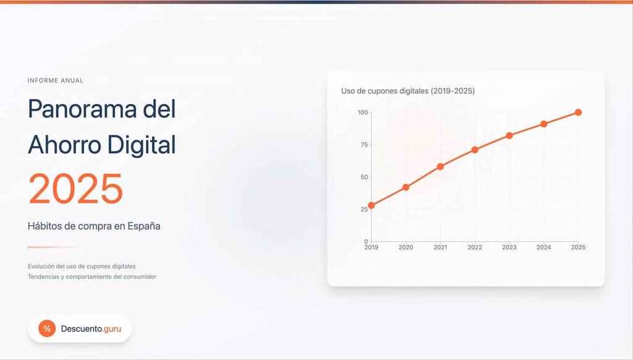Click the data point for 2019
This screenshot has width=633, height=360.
click(x=372, y=205)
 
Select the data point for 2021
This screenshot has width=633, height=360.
click(x=440, y=166)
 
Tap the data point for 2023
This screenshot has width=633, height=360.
click(x=509, y=135)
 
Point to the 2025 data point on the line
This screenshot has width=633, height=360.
click(x=578, y=113)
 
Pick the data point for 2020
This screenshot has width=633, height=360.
click(x=406, y=187)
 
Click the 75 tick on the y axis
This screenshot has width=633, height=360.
click(x=364, y=145)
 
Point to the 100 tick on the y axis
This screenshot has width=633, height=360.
click(x=362, y=113)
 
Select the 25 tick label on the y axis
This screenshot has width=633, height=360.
click(x=364, y=209)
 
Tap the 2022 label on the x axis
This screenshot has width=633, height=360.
click(x=475, y=247)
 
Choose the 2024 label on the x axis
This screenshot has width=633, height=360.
click(x=544, y=247)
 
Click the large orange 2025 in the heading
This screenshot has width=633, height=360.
click(x=75, y=189)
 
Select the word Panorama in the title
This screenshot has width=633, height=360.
click(x=82, y=109)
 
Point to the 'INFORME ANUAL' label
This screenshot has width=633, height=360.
click(x=55, y=80)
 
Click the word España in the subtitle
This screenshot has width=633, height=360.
click(x=143, y=226)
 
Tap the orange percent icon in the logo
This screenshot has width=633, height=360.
click(x=47, y=328)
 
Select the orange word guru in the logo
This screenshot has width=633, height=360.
click(x=113, y=329)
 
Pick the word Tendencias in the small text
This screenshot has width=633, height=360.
click(x=43, y=276)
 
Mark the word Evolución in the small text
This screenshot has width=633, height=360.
click(x=41, y=266)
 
